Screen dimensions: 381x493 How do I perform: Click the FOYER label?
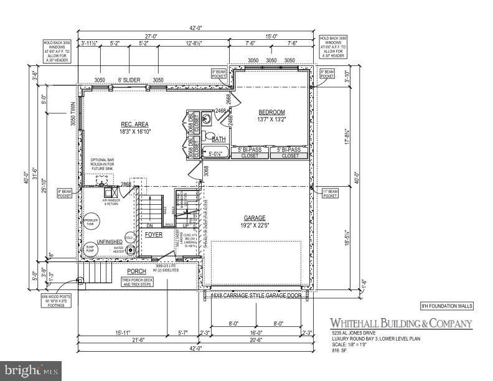[154, 235]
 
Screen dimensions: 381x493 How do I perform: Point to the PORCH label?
[136, 271]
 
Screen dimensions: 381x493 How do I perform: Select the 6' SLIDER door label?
[129, 80]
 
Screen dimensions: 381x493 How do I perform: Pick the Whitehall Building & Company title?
[400, 324]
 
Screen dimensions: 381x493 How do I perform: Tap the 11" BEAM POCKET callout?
[330, 194]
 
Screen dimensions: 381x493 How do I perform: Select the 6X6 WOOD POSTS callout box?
[57, 301]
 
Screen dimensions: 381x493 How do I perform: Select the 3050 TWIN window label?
[73, 114]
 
